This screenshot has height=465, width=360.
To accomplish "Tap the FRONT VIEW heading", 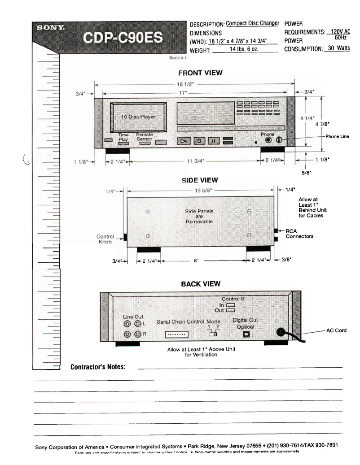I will [x=200, y=73].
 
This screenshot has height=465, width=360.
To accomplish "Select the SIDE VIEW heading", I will [x=200, y=180].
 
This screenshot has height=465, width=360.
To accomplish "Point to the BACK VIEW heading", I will [x=200, y=284].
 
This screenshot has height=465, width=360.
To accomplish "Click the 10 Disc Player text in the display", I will [x=138, y=117].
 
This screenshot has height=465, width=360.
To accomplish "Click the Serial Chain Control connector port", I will [x=176, y=335].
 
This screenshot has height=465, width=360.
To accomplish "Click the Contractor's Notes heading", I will [x=98, y=367].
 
